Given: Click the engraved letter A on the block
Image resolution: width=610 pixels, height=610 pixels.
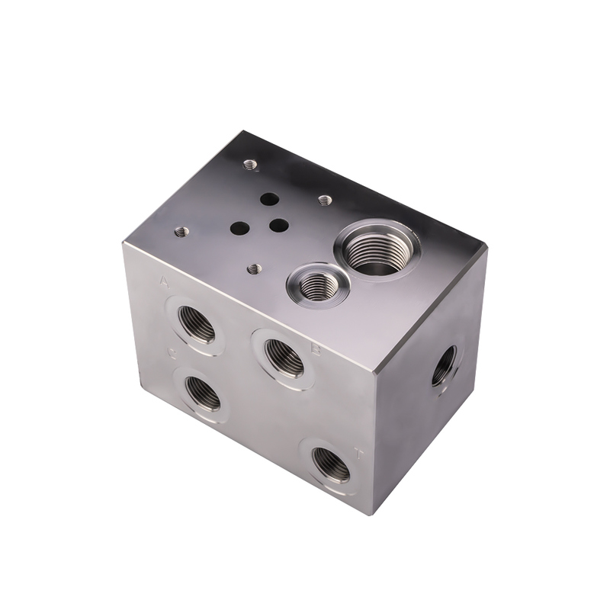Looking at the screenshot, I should tap(164, 282).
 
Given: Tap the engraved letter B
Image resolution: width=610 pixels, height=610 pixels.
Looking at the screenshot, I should tap(315, 350).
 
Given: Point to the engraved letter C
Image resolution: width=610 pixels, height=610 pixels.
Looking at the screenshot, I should tap(173, 352).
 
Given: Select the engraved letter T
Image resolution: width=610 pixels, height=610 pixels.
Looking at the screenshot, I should tap(359, 454).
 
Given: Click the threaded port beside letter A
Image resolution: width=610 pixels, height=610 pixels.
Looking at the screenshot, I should tap(196, 324).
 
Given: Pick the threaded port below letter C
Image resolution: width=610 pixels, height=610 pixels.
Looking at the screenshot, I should tap(203, 393).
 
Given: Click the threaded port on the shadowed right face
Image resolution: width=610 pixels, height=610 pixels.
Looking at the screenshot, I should tap(444, 365).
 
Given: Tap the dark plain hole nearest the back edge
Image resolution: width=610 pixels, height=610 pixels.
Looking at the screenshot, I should tap(268, 199).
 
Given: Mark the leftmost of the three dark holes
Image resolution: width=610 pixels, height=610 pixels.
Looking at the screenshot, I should tap(239, 227).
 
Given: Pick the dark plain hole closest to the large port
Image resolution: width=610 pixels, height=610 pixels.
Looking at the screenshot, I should tap(279, 226).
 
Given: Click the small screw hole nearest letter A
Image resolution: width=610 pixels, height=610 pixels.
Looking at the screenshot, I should tap(181, 232).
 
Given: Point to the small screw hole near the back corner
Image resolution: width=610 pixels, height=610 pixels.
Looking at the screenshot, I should tap(249, 164).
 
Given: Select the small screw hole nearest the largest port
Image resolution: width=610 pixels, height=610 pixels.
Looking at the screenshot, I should tap(325, 201).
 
